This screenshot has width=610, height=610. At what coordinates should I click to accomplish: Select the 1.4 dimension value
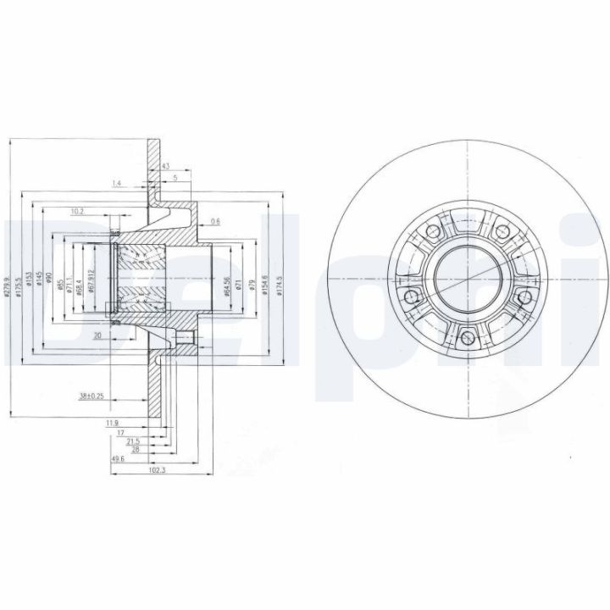click(x=116, y=183)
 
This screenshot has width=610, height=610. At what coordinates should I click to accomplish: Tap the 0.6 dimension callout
click(x=215, y=221)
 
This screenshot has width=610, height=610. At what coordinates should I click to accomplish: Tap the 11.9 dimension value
click(x=111, y=421)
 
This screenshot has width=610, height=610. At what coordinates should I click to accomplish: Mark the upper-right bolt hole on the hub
click(x=499, y=230)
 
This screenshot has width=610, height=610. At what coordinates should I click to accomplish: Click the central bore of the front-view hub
click(x=465, y=276)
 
